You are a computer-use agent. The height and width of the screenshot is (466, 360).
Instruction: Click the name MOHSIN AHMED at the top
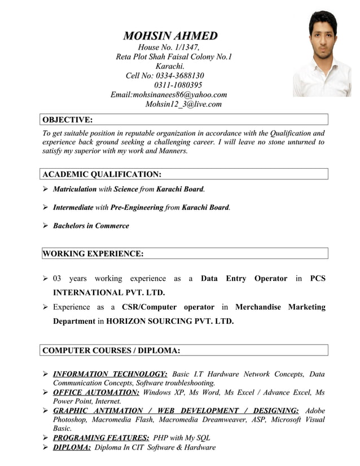pos(170,36)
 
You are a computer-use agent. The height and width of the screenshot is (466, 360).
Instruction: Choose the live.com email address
pos(183,104)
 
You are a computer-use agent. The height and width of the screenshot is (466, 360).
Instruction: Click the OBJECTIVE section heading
pos(68,120)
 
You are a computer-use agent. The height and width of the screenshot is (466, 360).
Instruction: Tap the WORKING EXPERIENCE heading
pos(93,254)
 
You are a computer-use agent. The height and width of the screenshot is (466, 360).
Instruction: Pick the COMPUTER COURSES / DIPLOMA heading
pos(111,351)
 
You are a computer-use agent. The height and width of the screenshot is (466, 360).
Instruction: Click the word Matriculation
pos(74,190)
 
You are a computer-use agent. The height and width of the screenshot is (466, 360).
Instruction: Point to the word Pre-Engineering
pos(137,208)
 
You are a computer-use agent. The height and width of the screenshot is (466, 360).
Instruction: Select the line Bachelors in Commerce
pos(91,226)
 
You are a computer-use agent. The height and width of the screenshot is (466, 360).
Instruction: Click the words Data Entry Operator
pos(244,278)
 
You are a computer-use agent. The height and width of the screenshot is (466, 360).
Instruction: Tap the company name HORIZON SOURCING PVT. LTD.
pos(170,321)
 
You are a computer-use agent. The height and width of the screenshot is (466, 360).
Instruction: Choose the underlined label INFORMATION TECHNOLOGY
pos(109,374)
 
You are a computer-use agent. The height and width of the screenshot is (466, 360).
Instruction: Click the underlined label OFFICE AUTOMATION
pos(96,392)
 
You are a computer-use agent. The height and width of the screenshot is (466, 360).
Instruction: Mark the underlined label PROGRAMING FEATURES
pos(101,438)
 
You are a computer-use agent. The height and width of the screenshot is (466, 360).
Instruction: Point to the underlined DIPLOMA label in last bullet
pos(72,447)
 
